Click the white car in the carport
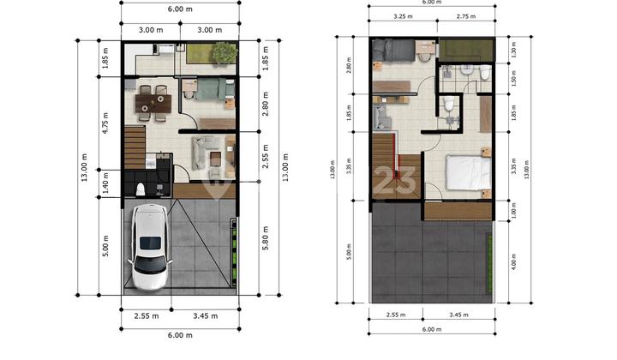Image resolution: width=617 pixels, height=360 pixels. (x=151, y=248)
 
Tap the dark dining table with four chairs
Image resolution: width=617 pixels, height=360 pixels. (x=154, y=102)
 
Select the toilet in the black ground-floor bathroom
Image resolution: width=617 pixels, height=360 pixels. (x=139, y=186)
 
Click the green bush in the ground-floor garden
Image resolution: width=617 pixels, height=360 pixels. (x=225, y=52)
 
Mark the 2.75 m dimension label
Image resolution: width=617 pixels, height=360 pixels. (x=466, y=16)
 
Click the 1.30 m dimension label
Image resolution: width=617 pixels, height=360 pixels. (x=513, y=51)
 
